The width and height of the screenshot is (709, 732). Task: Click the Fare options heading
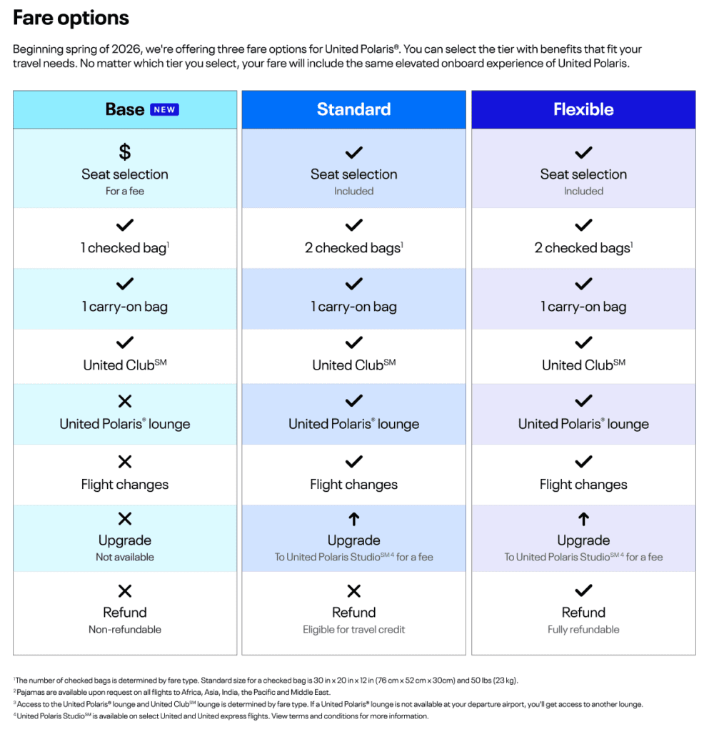(71, 18)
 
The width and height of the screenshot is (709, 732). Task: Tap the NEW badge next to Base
(164, 109)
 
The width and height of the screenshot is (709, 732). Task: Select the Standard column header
(353, 109)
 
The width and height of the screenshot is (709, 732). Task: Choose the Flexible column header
(583, 109)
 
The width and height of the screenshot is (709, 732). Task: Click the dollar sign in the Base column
(125, 152)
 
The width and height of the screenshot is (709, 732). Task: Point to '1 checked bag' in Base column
(125, 248)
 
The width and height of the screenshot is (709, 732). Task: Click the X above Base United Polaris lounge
(125, 401)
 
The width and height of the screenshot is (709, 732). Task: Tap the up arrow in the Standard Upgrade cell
(354, 520)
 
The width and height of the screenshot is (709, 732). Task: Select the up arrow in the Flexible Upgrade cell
(583, 520)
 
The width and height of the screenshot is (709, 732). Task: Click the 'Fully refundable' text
(583, 630)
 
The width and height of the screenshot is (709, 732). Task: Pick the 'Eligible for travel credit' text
(354, 630)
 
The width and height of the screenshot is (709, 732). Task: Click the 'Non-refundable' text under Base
(125, 630)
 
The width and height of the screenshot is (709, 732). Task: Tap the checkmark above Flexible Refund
(583, 590)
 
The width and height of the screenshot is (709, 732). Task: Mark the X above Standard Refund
(354, 590)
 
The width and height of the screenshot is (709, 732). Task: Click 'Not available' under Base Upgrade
(125, 557)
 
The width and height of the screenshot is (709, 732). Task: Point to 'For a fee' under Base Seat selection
(125, 191)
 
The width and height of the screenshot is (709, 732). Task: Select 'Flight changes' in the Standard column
(354, 485)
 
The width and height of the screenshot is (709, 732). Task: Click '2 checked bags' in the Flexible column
(583, 248)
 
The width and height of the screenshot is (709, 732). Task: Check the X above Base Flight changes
(125, 462)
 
